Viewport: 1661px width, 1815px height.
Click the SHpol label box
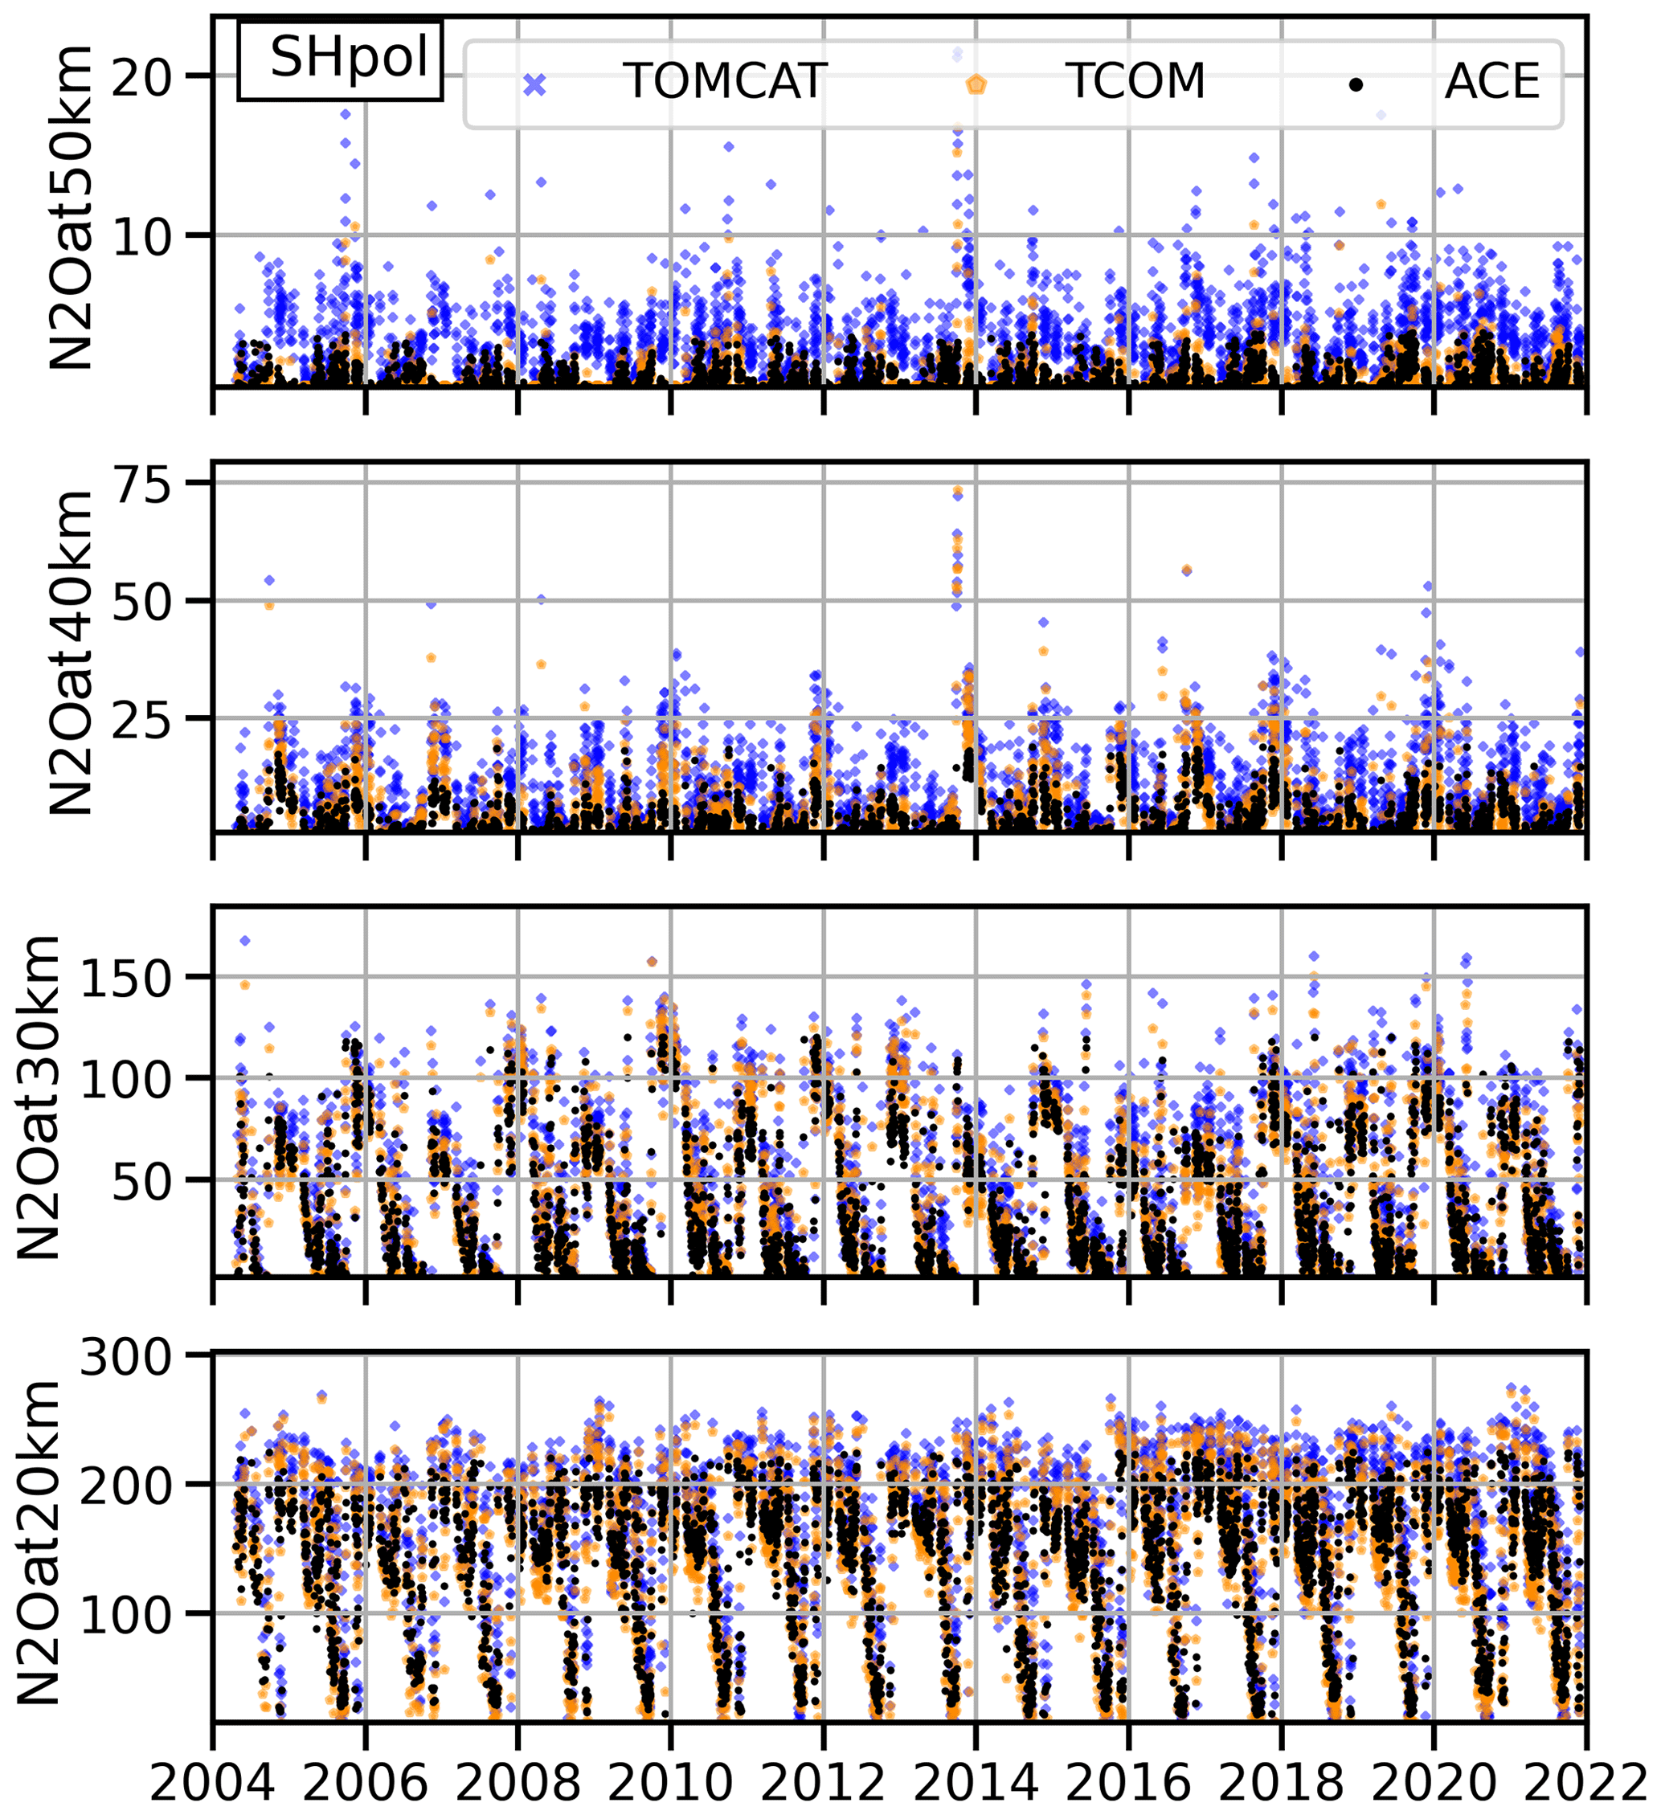(340, 60)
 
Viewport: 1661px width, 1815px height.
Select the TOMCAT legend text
(725, 81)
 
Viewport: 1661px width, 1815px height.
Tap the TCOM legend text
(1135, 81)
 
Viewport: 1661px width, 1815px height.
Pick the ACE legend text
(1491, 82)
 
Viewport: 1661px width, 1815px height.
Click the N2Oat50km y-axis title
(70, 207)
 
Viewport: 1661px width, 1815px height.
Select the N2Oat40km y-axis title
(70, 652)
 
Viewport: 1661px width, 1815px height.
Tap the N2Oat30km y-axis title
(38, 1097)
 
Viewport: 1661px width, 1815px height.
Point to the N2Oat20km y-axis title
(38, 1541)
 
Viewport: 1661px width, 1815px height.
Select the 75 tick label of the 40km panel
(141, 484)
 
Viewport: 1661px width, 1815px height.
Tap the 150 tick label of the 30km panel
(125, 979)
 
